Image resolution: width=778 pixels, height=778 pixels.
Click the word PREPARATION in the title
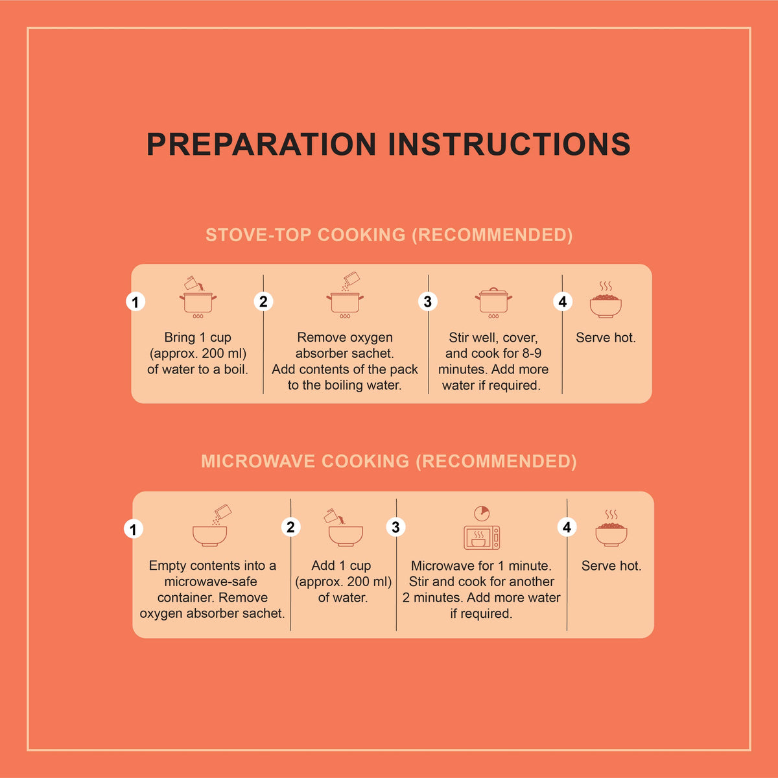click(261, 144)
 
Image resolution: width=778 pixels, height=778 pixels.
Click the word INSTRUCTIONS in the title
click(509, 144)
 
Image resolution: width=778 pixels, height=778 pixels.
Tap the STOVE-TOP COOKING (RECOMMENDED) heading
click(389, 235)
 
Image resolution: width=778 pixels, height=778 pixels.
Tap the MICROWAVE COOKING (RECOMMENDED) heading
click(389, 461)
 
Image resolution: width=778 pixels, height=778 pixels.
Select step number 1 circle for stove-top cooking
click(136, 301)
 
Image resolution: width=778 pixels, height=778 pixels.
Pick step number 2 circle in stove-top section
click(263, 301)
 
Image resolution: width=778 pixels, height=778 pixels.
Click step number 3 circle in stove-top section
click(428, 301)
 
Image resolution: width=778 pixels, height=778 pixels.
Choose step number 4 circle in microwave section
click(567, 527)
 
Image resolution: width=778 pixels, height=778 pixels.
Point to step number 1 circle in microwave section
click(134, 529)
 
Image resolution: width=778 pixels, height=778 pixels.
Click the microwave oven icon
click(482, 537)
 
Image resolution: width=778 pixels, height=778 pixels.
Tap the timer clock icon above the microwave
click(482, 513)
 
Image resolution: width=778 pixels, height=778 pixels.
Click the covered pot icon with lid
click(493, 303)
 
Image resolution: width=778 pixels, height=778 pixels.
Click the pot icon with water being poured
click(198, 297)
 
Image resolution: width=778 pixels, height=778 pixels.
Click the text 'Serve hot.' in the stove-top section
click(606, 338)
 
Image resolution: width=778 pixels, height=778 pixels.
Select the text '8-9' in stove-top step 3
click(532, 353)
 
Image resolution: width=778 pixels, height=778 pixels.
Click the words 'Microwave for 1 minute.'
click(481, 565)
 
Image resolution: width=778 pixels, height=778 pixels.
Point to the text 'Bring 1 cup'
click(198, 338)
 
